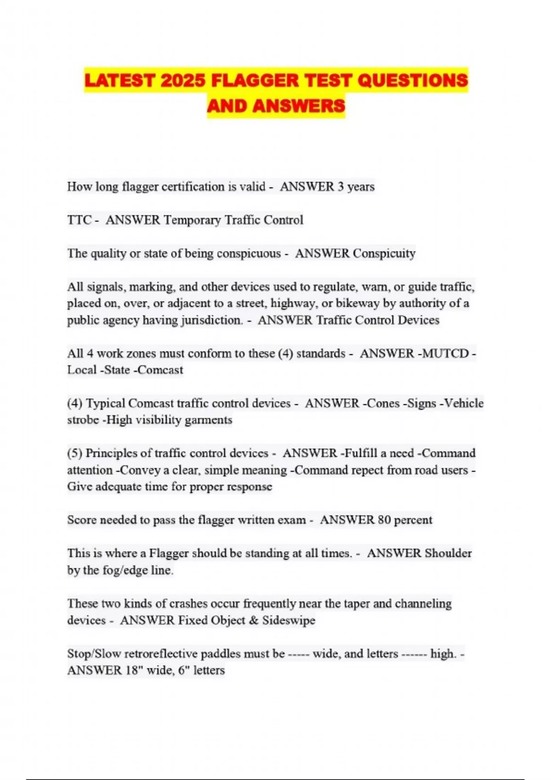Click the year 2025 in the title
click(183, 81)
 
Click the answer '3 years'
click(356, 187)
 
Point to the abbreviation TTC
click(79, 220)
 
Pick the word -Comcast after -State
click(158, 370)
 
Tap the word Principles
click(112, 453)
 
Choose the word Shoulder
click(448, 553)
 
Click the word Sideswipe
click(289, 620)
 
